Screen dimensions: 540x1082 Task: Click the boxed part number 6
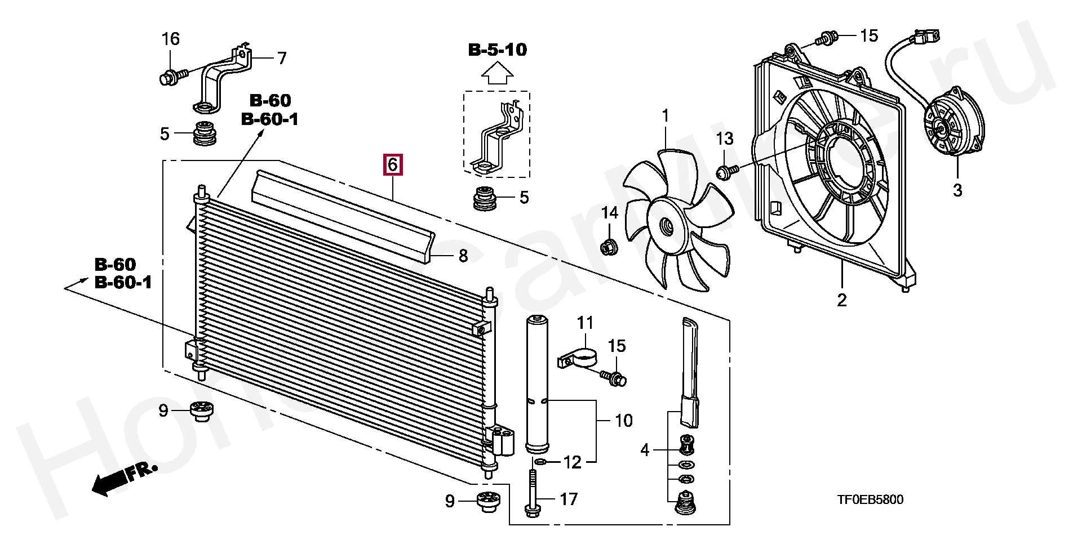(x=393, y=165)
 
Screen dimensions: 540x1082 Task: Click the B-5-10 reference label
(x=498, y=50)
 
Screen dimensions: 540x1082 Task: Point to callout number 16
(x=171, y=39)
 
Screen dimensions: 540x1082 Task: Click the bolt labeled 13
(x=725, y=171)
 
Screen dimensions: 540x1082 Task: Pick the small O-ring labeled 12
(x=539, y=462)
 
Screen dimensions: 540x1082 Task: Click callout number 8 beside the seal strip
(x=463, y=256)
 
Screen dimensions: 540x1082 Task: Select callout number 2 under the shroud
(x=841, y=300)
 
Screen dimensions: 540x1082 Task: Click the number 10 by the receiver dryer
(x=624, y=420)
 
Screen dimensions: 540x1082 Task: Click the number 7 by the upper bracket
(x=281, y=58)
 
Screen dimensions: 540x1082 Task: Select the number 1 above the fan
(x=665, y=117)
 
